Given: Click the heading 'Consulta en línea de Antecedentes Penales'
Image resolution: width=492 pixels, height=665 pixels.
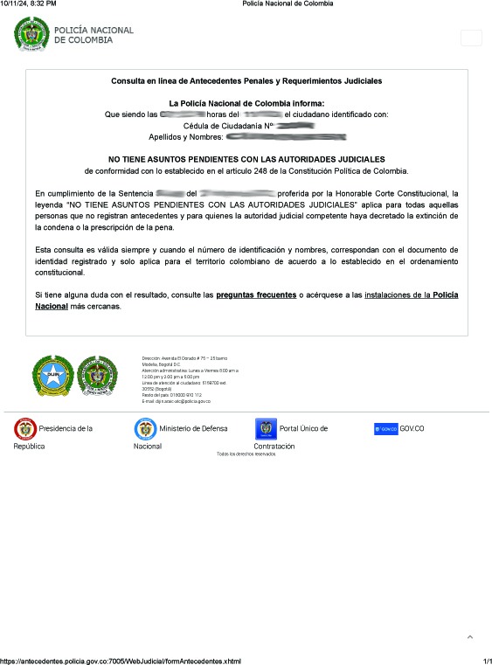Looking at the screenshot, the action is click(246, 80).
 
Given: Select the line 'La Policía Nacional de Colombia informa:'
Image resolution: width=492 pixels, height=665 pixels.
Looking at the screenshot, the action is click(246, 103).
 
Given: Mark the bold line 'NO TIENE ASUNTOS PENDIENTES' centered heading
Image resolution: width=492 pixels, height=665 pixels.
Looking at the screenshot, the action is click(246, 159).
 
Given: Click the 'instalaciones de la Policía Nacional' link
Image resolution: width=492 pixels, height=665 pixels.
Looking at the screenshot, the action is click(411, 295).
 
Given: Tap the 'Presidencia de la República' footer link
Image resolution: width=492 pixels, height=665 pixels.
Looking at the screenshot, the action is click(54, 429).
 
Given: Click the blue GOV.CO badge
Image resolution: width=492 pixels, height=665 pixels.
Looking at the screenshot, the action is click(385, 429).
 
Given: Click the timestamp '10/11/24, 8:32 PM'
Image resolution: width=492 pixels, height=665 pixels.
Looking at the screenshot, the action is click(29, 3).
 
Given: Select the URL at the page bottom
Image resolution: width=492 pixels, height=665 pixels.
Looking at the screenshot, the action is click(121, 661).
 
